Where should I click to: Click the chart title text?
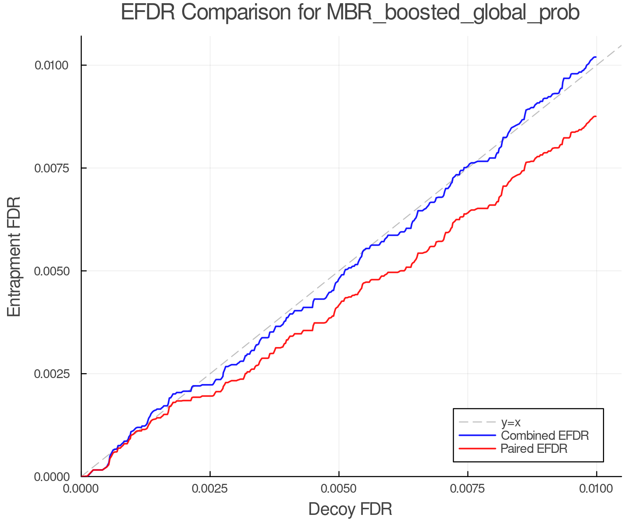350,13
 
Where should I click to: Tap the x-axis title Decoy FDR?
350,509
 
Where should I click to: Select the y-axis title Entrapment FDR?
14,256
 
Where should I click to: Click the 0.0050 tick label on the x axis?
339,489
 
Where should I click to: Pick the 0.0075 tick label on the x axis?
467,489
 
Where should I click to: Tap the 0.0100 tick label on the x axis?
596,489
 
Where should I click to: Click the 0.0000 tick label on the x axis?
81,489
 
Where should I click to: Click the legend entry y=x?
511,422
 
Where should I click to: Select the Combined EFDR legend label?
545,436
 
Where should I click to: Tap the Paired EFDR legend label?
534,449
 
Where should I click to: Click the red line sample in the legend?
477,449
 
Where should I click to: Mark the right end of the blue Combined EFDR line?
596,57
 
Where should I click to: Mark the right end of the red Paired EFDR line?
596,116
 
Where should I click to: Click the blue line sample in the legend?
477,436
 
